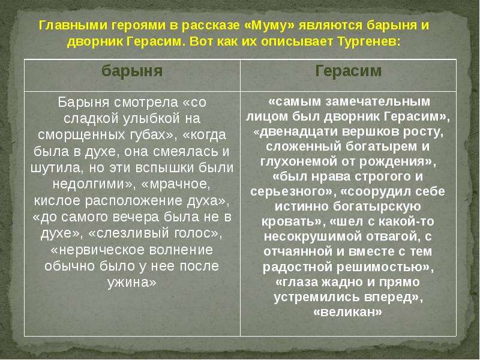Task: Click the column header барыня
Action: tap(132, 71)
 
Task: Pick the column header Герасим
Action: tap(349, 71)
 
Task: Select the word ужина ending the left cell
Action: tap(131, 283)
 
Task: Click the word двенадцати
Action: tap(295, 131)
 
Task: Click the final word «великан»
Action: tap(348, 312)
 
